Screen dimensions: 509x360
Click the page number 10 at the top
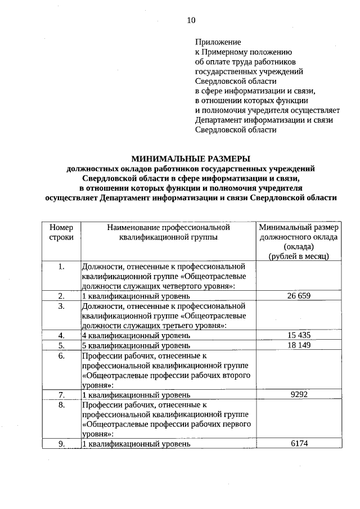(x=191, y=20)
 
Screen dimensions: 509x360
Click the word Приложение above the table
(x=218, y=42)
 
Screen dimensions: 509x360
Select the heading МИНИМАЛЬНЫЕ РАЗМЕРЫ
(x=191, y=159)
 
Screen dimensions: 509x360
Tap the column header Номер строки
(x=61, y=232)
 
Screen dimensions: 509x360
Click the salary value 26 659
(x=299, y=295)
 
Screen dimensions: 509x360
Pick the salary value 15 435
(x=299, y=335)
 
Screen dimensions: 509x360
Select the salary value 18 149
(x=299, y=345)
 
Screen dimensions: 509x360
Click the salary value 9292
(x=299, y=395)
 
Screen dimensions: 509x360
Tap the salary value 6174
(x=299, y=444)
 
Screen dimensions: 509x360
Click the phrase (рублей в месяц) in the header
(x=299, y=256)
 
